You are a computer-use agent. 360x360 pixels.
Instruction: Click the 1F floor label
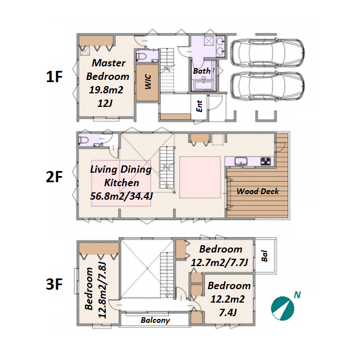[54, 76]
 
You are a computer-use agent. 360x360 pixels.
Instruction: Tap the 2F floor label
[54, 177]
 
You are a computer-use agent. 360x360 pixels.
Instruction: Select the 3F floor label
[54, 284]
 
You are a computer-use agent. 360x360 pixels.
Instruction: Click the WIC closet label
[148, 82]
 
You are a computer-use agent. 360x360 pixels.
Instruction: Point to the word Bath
[201, 71]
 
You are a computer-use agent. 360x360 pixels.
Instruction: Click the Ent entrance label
[199, 106]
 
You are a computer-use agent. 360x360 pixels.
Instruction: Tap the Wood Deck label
[258, 191]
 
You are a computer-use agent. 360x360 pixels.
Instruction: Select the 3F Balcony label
[155, 320]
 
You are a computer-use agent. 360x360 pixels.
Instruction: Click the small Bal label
[264, 256]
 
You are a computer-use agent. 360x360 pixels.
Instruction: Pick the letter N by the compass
[298, 295]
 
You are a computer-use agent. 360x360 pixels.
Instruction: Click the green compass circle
[282, 308]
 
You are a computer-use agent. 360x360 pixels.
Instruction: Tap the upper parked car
[267, 52]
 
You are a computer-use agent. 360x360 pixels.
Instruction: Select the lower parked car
[267, 87]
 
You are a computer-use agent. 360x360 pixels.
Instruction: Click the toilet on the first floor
[142, 56]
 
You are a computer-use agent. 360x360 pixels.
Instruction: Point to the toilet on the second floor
[84, 140]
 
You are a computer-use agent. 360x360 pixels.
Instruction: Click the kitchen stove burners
[265, 161]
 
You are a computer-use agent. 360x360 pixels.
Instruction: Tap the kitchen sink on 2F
[241, 161]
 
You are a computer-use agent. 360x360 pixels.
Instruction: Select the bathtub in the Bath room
[203, 85]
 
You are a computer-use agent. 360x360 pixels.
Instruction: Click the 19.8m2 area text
[106, 90]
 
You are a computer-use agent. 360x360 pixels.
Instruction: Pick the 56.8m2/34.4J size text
[121, 196]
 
